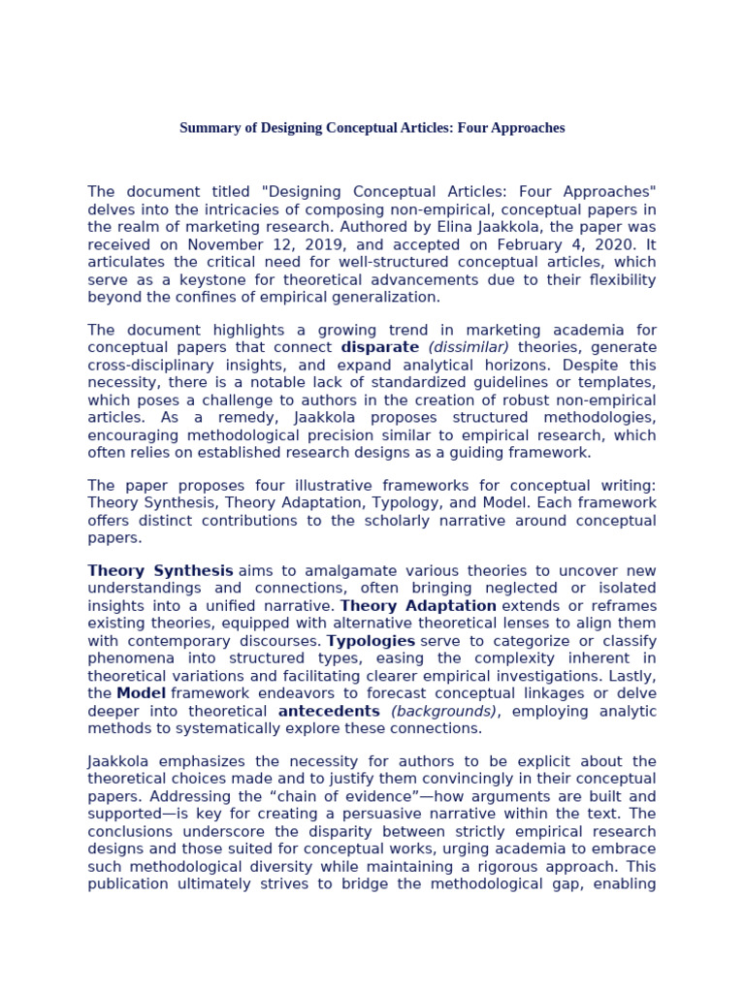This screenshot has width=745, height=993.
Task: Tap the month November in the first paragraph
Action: (x=218, y=244)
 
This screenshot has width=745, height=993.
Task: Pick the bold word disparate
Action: (x=380, y=347)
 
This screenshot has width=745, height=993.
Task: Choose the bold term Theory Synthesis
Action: (x=160, y=570)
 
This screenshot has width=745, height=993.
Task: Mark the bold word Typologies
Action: (x=371, y=641)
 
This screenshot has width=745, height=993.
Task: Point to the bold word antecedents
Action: (x=329, y=711)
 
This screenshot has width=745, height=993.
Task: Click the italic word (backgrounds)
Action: (x=443, y=711)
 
